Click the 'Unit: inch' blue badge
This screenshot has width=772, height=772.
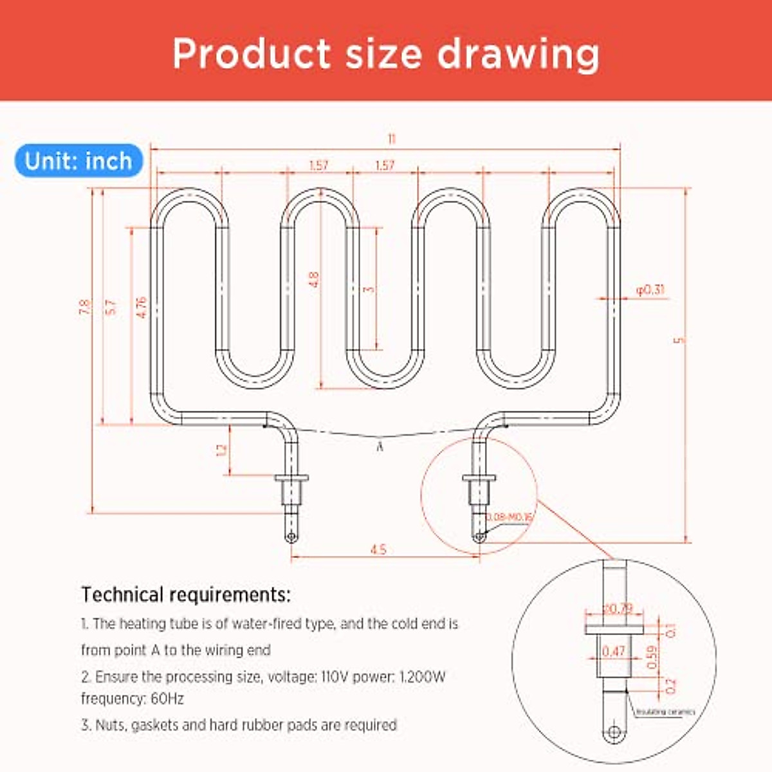click(x=78, y=161)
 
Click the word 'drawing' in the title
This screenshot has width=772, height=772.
click(x=519, y=54)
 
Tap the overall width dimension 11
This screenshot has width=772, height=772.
click(x=391, y=139)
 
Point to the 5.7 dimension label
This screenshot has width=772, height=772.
click(x=111, y=307)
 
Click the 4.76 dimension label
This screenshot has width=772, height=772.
click(x=142, y=307)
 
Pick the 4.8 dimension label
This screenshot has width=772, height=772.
click(x=314, y=279)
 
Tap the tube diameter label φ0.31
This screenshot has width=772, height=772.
click(x=650, y=289)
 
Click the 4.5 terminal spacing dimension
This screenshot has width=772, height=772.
click(x=378, y=549)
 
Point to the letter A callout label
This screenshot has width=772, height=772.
click(x=380, y=446)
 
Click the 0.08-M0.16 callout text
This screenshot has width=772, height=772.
click(x=508, y=517)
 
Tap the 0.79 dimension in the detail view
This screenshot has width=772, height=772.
click(x=618, y=609)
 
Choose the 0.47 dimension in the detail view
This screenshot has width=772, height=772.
click(x=614, y=651)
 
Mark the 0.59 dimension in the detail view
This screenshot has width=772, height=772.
click(x=652, y=656)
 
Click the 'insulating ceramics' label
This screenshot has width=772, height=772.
click(x=665, y=712)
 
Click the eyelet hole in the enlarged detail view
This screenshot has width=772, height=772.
click(x=615, y=732)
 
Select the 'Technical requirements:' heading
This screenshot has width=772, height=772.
click(x=186, y=594)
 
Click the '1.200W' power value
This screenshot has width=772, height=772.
click(x=422, y=677)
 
